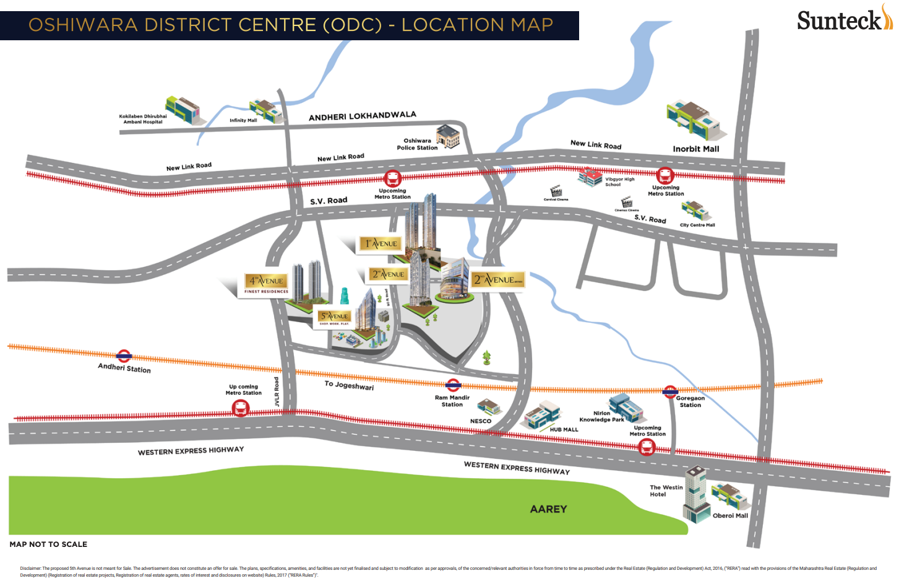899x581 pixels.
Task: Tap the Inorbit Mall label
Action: [x=696, y=149]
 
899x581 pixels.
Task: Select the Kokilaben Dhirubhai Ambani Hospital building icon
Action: [x=182, y=109]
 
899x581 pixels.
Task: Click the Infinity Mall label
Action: [x=243, y=121]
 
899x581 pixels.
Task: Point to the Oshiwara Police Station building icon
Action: [x=448, y=136]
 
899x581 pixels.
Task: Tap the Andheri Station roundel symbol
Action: [x=124, y=356]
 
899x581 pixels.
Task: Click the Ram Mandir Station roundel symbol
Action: [x=454, y=385]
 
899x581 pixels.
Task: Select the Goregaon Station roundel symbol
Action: [x=670, y=391]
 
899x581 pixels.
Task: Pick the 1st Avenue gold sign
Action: [x=381, y=244]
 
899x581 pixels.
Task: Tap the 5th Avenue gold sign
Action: [x=334, y=317]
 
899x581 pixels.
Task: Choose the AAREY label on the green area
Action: [x=548, y=509]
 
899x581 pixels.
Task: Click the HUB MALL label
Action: [x=564, y=429]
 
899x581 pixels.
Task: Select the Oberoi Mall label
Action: [x=730, y=515]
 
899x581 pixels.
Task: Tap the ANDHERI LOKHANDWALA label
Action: [x=362, y=116]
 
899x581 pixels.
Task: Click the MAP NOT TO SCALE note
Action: [x=48, y=544]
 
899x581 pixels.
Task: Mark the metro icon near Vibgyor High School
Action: [x=665, y=176]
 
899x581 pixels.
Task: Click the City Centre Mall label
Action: [x=697, y=225]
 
